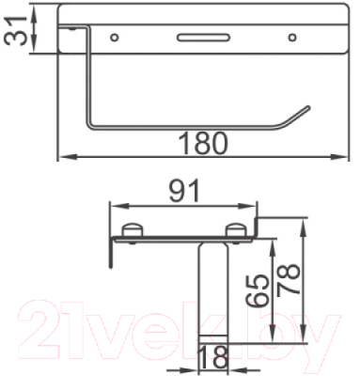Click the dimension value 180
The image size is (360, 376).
[x=203, y=143]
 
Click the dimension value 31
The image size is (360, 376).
[x=15, y=31]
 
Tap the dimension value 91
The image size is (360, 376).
[x=184, y=191]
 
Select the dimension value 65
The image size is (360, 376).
[x=258, y=290]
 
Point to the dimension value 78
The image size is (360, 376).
[x=289, y=279]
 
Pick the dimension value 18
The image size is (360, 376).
[x=213, y=357]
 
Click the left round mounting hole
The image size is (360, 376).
[x=115, y=38]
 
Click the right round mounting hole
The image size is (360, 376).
[x=292, y=38]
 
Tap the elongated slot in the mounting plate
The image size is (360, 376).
[x=203, y=38]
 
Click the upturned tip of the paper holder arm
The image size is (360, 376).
[x=308, y=107]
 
